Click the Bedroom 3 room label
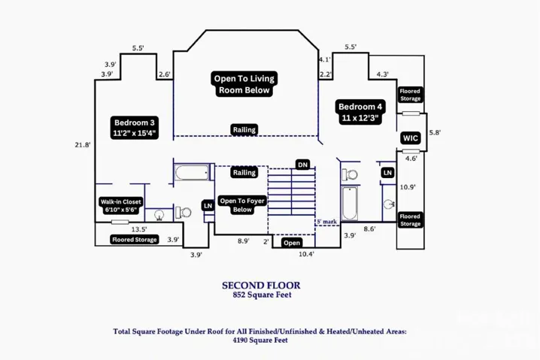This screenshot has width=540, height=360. (x=135, y=128)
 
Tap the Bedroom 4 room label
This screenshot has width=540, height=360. (x=360, y=112)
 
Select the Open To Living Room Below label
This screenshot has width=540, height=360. (x=244, y=84)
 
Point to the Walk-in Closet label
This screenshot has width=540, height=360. (x=120, y=205)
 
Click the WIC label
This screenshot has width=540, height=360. (x=411, y=138)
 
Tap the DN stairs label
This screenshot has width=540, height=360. (x=302, y=165)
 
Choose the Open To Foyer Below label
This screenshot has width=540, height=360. (x=242, y=205)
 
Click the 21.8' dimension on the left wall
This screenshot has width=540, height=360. (x=83, y=145)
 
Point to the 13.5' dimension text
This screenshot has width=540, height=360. (x=139, y=229)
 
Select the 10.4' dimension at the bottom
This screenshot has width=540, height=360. (x=306, y=254)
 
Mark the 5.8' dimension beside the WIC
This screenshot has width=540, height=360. (x=435, y=132)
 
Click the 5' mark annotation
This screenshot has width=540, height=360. (x=327, y=222)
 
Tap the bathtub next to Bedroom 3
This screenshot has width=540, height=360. (x=192, y=172)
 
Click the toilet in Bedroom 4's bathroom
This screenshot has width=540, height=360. (x=350, y=175)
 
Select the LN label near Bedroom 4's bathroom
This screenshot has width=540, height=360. (x=387, y=172)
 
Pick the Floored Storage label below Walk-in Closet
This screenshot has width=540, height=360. (x=135, y=240)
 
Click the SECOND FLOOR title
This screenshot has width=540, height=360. (x=261, y=286)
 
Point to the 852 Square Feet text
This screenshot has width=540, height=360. (x=262, y=295)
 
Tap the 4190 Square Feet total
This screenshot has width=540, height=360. (x=260, y=340)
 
